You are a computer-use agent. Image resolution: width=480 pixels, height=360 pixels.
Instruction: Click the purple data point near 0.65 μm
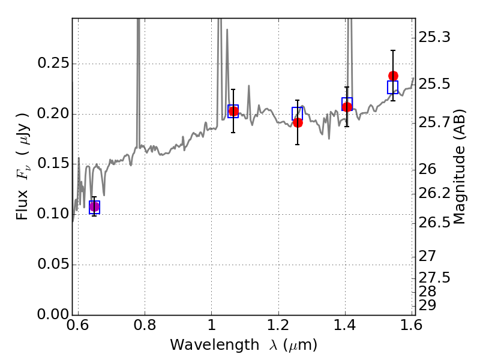[x=94, y=207]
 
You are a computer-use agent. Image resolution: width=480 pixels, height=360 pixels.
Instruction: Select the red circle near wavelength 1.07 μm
[x=233, y=111]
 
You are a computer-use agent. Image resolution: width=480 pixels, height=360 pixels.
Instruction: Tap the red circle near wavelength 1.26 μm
[x=298, y=123]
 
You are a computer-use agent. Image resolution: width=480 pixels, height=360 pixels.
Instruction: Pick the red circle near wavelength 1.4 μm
[x=347, y=107]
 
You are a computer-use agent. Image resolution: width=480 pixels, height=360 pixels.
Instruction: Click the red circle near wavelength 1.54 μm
[x=394, y=76]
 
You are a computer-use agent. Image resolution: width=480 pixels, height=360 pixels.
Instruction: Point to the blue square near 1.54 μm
[x=392, y=87]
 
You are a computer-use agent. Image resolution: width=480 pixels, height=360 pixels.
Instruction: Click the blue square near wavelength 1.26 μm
[x=297, y=114]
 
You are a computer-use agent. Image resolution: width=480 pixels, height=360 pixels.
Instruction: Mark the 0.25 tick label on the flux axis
[x=53, y=64]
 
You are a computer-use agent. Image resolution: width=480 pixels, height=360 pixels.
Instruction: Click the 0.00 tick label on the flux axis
[x=53, y=314]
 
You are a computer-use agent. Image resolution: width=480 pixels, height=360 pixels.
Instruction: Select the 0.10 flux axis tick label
[x=53, y=214]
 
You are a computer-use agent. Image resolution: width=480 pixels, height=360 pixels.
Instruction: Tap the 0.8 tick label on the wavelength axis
[x=145, y=325]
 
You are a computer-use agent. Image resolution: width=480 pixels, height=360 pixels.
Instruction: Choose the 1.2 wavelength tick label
[x=278, y=325]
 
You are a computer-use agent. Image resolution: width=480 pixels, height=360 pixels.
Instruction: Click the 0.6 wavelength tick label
[x=78, y=325]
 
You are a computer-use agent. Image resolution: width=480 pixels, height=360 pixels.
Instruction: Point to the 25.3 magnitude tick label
[x=434, y=38]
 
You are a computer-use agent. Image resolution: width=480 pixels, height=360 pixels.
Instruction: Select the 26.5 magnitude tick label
[x=434, y=223]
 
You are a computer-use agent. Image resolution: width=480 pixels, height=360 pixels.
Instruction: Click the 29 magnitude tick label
[x=427, y=305]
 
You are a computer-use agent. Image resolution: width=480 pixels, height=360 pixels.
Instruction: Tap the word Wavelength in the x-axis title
[x=215, y=345]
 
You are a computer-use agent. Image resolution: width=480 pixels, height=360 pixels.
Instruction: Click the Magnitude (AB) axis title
[x=459, y=167]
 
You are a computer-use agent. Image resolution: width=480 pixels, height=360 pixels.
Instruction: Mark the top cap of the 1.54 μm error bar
[x=393, y=50]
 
